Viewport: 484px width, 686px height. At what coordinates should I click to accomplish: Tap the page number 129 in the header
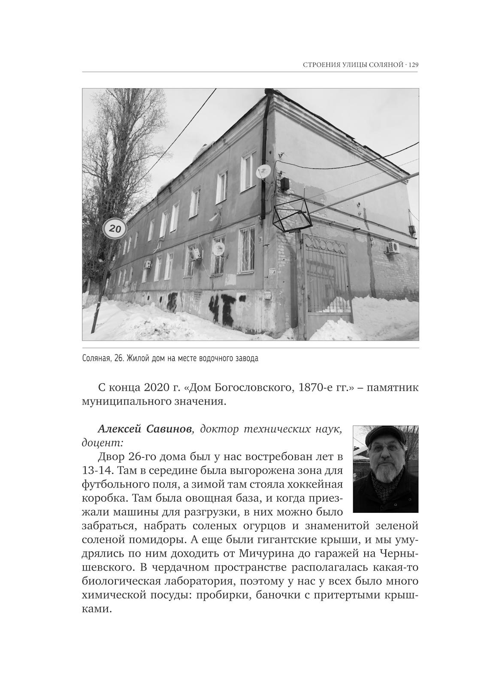(413, 65)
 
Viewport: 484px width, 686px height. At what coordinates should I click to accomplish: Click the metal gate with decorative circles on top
(327, 279)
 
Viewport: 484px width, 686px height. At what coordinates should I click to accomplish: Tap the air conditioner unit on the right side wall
(393, 248)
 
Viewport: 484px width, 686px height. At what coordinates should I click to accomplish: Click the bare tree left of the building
(107, 171)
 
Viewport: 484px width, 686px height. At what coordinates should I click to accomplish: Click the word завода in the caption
(246, 358)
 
